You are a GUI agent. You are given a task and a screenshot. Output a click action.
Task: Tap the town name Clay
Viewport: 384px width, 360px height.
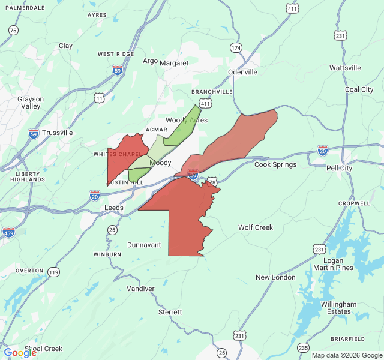point(65,46)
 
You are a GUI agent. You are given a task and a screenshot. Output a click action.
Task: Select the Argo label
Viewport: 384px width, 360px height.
point(150,61)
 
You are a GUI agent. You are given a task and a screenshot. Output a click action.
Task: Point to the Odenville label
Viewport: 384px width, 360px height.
point(242,72)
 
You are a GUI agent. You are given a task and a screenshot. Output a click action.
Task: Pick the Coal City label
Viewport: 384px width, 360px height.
point(359,89)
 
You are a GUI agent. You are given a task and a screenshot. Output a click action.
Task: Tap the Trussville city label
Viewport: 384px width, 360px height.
point(58,133)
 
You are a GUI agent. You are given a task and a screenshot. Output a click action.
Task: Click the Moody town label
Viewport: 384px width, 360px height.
point(160,163)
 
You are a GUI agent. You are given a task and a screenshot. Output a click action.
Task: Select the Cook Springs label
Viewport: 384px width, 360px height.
point(275,164)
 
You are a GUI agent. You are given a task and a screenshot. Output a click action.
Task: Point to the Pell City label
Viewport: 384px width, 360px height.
point(339,168)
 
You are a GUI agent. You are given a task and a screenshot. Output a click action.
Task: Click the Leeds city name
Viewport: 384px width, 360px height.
point(114,208)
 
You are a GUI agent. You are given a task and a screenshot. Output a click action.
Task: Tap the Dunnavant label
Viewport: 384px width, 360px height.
point(144,245)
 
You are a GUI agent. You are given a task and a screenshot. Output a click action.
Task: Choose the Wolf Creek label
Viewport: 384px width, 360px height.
point(256,227)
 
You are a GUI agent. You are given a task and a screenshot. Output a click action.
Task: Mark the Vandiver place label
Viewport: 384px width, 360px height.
point(140,289)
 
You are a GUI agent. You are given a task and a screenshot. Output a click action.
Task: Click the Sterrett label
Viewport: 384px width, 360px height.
point(170,312)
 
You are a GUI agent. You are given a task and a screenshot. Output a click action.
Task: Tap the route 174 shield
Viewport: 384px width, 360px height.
point(236,47)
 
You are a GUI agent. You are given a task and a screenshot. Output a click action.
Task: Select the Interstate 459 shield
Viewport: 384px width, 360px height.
point(8,232)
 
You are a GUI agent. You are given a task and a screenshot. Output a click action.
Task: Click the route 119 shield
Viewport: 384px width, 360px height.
point(54,272)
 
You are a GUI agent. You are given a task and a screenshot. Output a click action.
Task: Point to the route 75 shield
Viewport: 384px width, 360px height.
point(13,30)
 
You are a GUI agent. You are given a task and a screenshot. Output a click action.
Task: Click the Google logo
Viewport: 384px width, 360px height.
point(20,353)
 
